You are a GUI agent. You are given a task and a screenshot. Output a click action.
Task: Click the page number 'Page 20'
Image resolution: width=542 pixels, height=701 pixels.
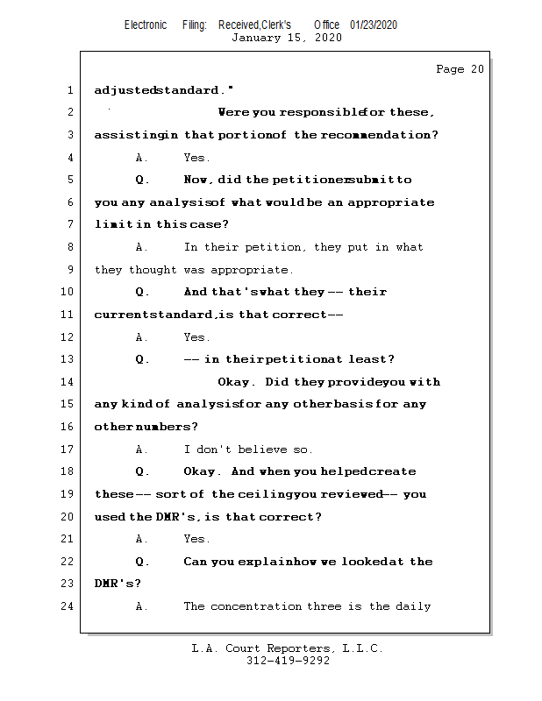[x=460, y=69]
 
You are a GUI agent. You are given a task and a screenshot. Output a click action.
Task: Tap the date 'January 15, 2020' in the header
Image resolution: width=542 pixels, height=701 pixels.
[x=286, y=38]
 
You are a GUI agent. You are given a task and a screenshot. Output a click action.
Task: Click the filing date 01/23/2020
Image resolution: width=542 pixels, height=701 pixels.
[x=374, y=25]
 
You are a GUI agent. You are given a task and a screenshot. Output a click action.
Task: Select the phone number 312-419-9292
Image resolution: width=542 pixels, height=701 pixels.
[x=288, y=661]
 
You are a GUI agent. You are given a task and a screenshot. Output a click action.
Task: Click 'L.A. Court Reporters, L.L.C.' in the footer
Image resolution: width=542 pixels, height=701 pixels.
[x=287, y=648]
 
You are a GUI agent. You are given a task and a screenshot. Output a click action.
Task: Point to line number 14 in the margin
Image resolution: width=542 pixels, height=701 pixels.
[x=68, y=382]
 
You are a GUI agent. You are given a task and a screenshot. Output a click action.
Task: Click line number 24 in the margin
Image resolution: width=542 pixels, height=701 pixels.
[x=68, y=606]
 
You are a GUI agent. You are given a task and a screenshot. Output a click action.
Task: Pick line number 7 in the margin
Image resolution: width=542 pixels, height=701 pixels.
[x=69, y=225]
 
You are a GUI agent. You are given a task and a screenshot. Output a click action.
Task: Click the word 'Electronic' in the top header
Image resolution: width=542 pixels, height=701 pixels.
[x=146, y=25]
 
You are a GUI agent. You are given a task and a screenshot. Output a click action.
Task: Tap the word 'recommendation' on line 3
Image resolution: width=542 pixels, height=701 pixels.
[x=379, y=135]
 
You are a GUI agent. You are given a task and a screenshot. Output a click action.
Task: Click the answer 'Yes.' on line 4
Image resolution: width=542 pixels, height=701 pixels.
[x=196, y=158]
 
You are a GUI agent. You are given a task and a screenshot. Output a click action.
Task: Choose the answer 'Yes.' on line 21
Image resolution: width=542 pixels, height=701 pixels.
[x=196, y=539]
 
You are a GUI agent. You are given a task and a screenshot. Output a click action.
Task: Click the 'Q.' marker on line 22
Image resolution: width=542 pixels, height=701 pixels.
[x=143, y=562]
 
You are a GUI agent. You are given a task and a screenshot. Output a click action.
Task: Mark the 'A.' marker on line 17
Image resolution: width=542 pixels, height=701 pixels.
[x=142, y=450]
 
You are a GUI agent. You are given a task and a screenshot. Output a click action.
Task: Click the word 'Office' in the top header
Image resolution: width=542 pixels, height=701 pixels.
[x=327, y=25]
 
